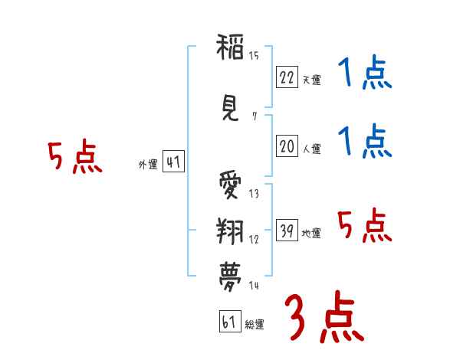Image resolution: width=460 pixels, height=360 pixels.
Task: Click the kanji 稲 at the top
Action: coord(230,47)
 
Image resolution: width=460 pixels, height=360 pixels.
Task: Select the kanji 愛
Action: coord(230,185)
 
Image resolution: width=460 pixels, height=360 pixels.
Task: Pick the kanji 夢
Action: coord(230,277)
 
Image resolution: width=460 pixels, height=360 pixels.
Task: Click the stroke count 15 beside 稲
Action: coord(254,55)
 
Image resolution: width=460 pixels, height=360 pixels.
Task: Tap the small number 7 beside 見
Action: coord(255,116)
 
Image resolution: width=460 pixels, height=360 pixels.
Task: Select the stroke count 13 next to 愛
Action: coord(254,194)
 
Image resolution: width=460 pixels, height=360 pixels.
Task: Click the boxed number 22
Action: coord(287,77)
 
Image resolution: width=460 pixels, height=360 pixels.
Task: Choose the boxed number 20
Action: coord(287,146)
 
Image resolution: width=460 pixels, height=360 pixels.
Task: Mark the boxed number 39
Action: coord(287,230)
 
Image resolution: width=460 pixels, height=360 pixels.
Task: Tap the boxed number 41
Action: coord(173,162)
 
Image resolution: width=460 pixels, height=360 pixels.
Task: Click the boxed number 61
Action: coord(230,321)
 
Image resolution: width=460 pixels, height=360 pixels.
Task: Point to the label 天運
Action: coord(311,80)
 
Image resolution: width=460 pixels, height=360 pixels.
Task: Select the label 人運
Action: coord(311,149)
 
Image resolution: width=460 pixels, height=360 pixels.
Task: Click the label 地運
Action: coord(311,233)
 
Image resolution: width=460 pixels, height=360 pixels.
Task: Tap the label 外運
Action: coord(148,165)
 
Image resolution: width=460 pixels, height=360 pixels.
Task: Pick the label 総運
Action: coord(255,325)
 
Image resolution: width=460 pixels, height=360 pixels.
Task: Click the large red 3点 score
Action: coord(324,317)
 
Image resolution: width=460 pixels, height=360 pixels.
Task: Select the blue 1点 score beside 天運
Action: coord(365,72)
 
